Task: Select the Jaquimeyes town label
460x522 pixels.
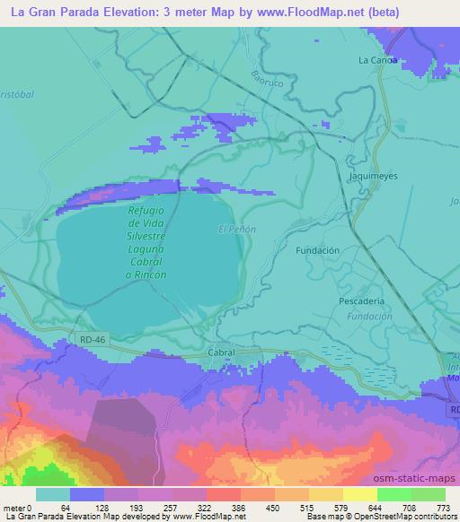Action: [x=368, y=178]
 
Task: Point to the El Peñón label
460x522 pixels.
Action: [x=237, y=230]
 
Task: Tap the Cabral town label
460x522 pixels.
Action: [x=221, y=352]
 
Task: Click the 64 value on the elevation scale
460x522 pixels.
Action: [x=66, y=508]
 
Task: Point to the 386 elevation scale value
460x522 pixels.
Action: [x=238, y=508]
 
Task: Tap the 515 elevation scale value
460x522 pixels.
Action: [x=307, y=508]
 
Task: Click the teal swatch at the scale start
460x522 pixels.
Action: [x=53, y=494]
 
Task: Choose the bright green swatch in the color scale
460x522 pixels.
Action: [x=394, y=494]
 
